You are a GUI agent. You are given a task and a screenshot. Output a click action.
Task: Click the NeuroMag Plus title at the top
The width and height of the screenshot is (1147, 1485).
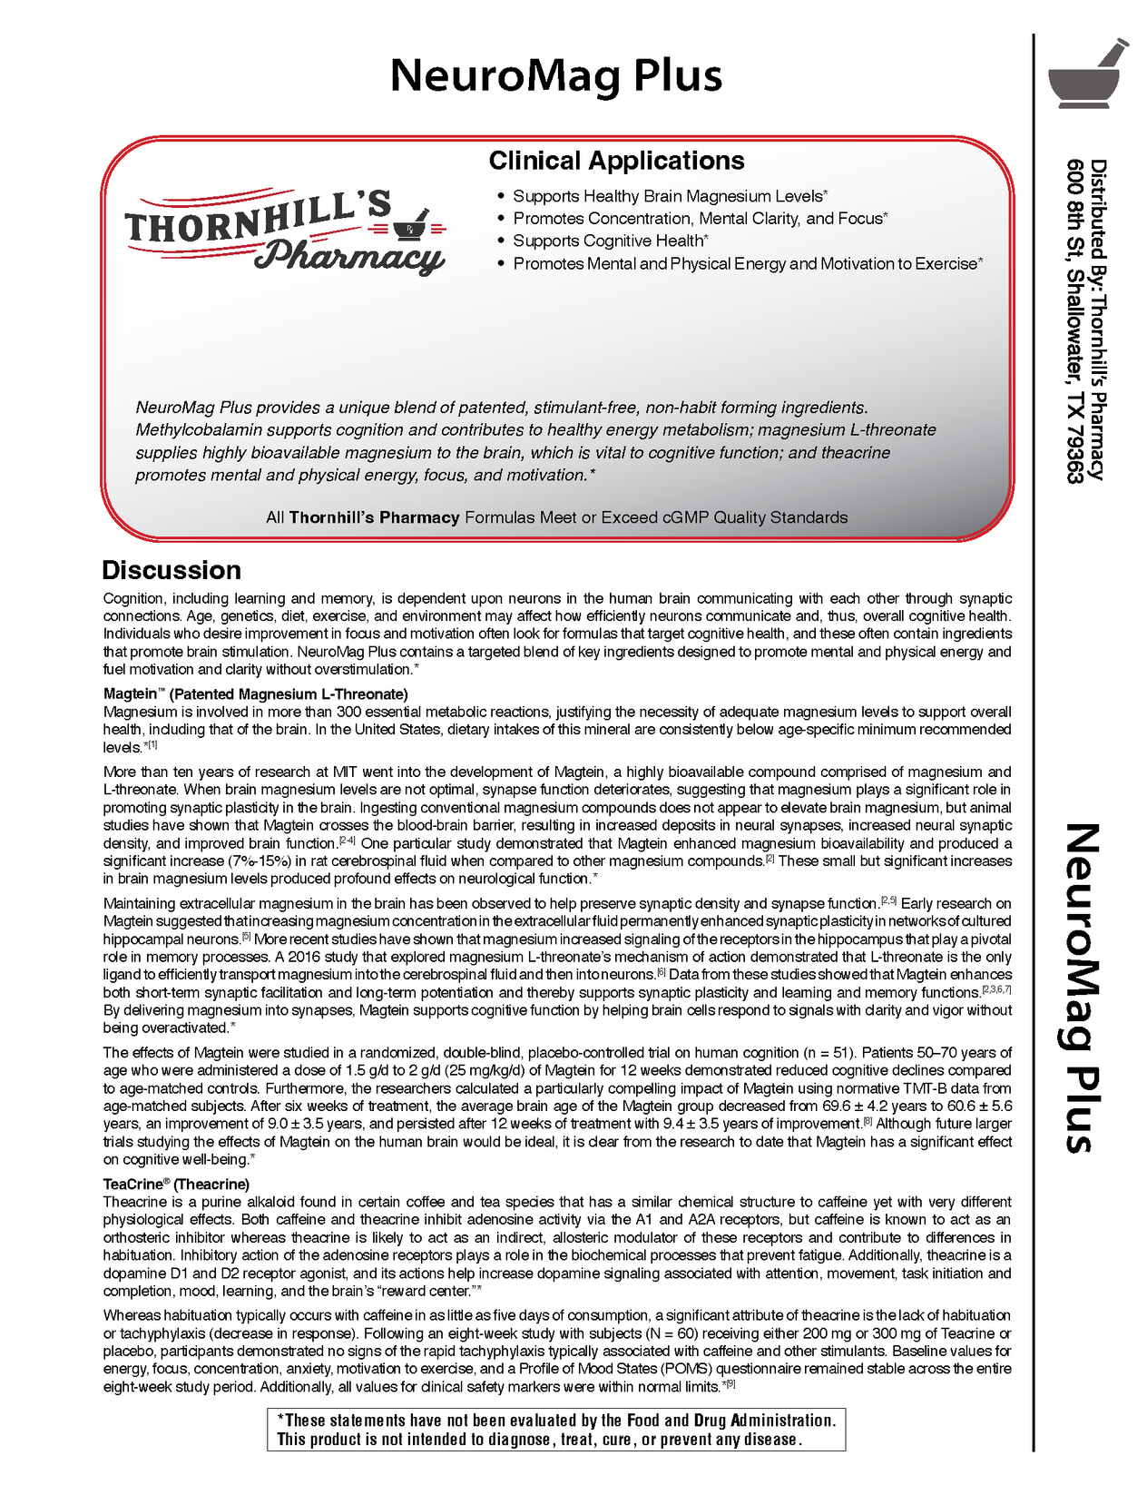pyautogui.click(x=555, y=76)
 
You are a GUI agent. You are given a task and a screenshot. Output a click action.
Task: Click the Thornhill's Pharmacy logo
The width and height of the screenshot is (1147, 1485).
pyautogui.click(x=285, y=231)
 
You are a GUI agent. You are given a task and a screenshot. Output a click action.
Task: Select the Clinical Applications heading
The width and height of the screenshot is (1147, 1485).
pyautogui.click(x=616, y=161)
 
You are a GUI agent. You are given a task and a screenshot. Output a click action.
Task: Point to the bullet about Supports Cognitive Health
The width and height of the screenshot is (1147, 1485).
pyautogui.click(x=610, y=241)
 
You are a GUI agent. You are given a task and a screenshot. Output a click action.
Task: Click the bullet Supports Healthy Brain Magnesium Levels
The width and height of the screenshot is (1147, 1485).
pyautogui.click(x=670, y=196)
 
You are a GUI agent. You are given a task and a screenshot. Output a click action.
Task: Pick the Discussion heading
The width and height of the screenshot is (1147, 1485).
pyautogui.click(x=172, y=570)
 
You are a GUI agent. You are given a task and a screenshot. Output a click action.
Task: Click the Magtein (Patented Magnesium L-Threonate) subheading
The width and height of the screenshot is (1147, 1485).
pyautogui.click(x=255, y=694)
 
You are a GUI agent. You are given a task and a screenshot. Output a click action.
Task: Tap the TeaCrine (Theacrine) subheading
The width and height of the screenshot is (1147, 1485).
pyautogui.click(x=176, y=1184)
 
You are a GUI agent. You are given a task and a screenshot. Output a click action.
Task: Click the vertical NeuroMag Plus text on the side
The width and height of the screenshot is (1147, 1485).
pyautogui.click(x=1080, y=988)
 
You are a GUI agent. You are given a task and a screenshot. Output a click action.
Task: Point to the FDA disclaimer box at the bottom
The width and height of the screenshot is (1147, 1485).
pyautogui.click(x=555, y=1430)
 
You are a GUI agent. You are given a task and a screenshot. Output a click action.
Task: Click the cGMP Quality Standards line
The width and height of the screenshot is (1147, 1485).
pyautogui.click(x=556, y=517)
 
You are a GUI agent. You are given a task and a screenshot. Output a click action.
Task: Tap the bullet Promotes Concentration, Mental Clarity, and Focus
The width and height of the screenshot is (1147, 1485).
pyautogui.click(x=700, y=219)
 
